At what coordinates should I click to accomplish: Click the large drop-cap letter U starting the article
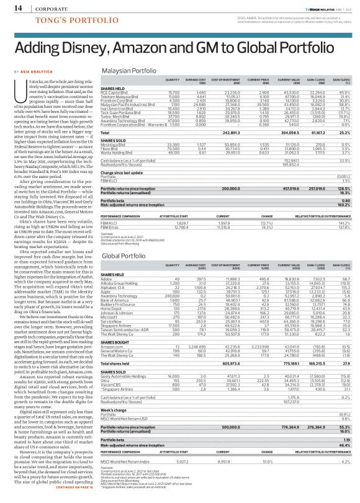click(24, 88)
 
